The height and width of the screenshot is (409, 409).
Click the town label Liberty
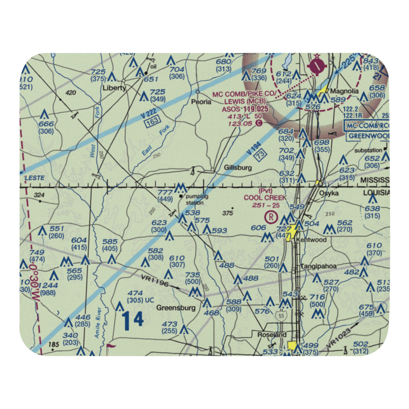click(x=115, y=88)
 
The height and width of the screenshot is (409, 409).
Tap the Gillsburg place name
click(x=238, y=168)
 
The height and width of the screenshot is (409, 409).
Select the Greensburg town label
click(x=176, y=308)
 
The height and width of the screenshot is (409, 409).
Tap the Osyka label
click(x=329, y=193)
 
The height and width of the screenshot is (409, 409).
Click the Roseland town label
click(x=272, y=335)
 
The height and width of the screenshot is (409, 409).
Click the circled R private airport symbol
click(x=271, y=217)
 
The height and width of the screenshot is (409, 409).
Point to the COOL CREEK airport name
click(x=265, y=198)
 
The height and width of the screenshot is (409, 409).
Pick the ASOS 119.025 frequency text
click(x=245, y=110)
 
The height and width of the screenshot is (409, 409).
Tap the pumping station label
click(x=195, y=199)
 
